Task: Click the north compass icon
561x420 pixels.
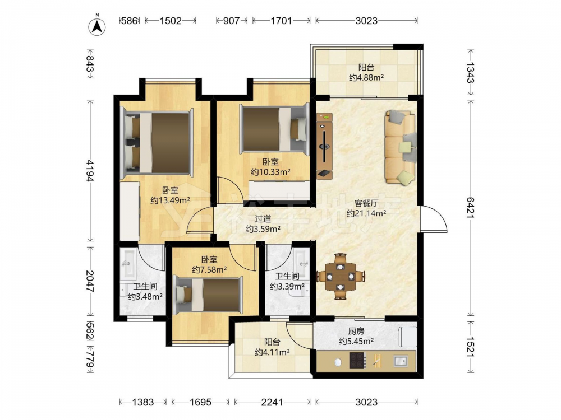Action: [x=97, y=26]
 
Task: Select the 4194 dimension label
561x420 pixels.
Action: [x=90, y=170]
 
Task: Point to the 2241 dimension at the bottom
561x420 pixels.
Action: [x=272, y=403]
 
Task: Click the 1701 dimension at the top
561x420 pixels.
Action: [x=281, y=21]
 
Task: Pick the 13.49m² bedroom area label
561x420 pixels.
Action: [x=171, y=200]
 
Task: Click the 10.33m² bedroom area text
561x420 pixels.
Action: [x=270, y=172]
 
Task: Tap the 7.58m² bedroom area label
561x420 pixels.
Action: [x=209, y=270]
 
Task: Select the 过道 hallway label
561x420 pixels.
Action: [x=263, y=219]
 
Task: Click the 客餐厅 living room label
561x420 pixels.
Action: [x=366, y=204]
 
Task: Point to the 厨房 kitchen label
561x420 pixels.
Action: [x=356, y=332]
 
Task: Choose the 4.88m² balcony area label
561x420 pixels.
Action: [x=366, y=77]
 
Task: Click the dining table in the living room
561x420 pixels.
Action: [x=341, y=277]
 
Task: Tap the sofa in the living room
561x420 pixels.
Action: [x=401, y=148]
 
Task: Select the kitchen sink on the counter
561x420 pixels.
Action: [x=400, y=361]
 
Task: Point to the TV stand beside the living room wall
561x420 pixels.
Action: [x=324, y=146]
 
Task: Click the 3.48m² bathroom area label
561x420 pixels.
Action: [x=145, y=296]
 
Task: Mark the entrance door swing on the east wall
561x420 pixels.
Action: [x=434, y=220]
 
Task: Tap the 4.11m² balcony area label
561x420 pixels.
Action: [x=272, y=352]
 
